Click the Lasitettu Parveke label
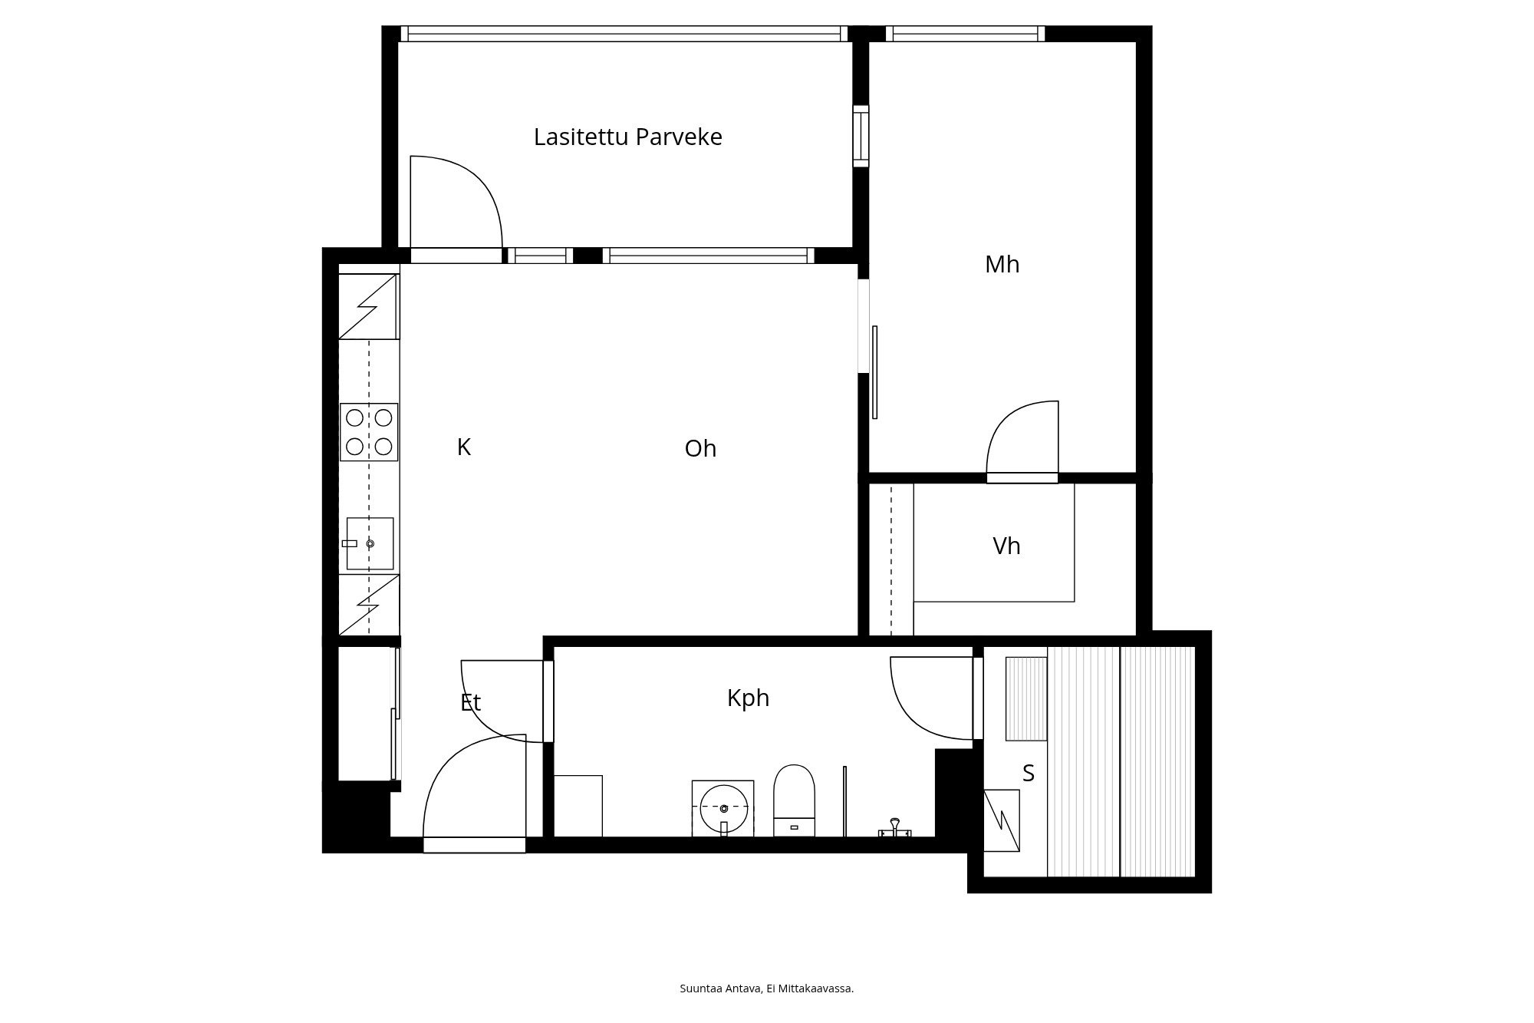(x=627, y=137)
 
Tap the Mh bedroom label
(x=1002, y=265)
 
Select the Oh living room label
(x=700, y=448)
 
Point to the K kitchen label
(x=463, y=447)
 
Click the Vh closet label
(x=1006, y=546)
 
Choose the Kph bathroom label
(x=748, y=698)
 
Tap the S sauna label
(x=1029, y=774)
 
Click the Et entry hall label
(x=470, y=702)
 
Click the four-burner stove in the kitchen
(x=369, y=432)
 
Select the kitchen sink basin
(x=370, y=543)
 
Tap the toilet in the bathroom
(x=794, y=800)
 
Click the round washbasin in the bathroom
(x=723, y=808)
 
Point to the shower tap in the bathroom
(x=894, y=828)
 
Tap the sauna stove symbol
(x=1002, y=820)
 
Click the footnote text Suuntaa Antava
(x=721, y=988)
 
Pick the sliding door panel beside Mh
(x=874, y=372)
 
